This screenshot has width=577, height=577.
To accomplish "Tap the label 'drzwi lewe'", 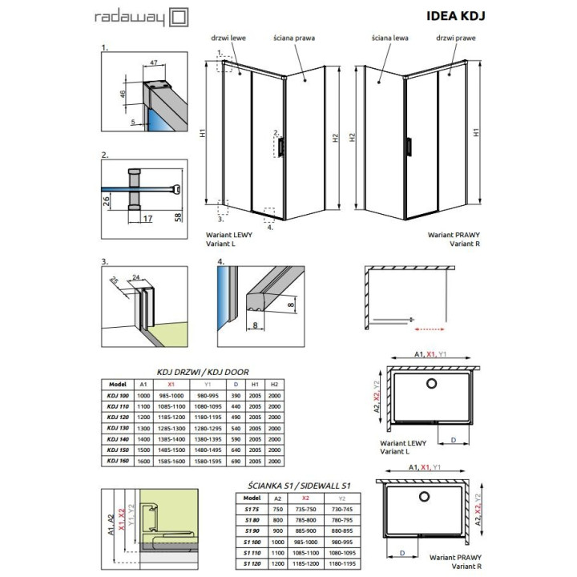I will [231, 37].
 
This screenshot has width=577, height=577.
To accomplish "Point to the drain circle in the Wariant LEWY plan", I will [431, 385].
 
